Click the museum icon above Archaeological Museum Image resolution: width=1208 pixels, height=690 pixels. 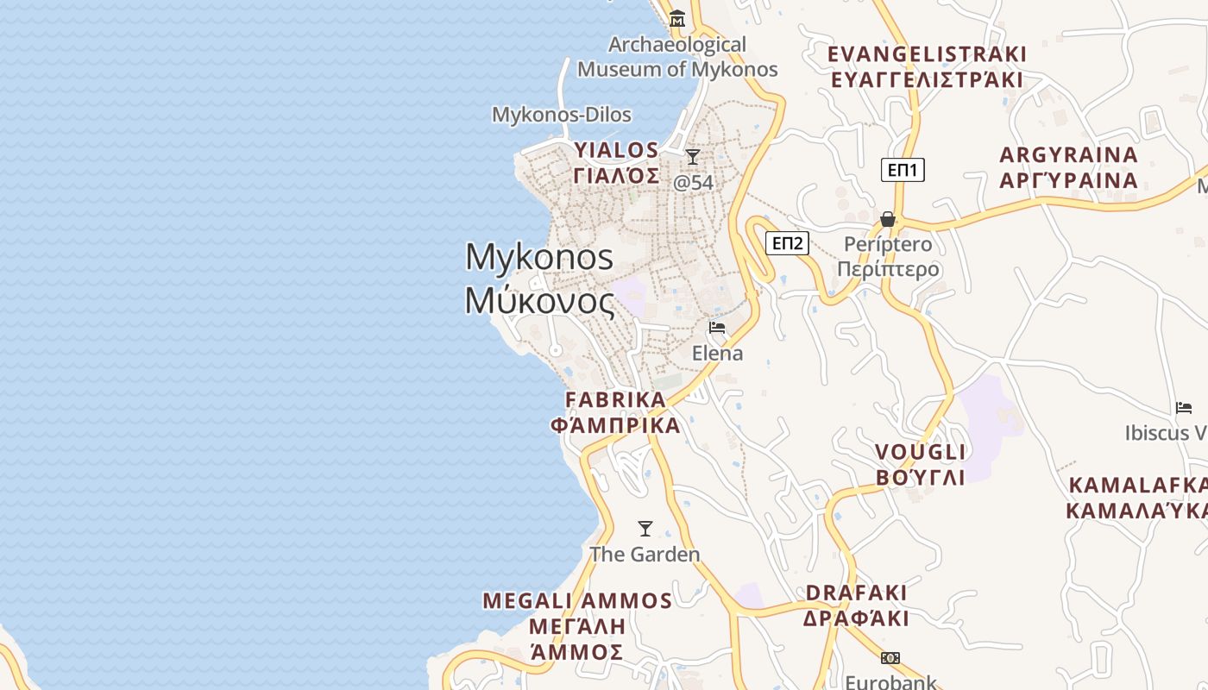(x=677, y=18)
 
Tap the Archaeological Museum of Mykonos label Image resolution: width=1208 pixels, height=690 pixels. (x=677, y=57)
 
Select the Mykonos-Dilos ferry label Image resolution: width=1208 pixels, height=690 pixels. (x=561, y=115)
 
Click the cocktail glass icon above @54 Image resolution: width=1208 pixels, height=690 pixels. (x=692, y=157)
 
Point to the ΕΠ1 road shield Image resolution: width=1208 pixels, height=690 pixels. (x=903, y=170)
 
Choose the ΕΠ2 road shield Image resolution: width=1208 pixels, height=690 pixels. (x=787, y=243)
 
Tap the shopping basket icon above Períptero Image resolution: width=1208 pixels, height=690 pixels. (x=887, y=219)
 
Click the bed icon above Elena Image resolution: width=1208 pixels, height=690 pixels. (x=717, y=328)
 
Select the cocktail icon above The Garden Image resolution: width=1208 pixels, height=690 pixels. (x=645, y=529)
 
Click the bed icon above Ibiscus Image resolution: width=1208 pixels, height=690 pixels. (x=1183, y=407)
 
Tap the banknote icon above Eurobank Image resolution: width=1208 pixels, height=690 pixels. (x=890, y=658)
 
